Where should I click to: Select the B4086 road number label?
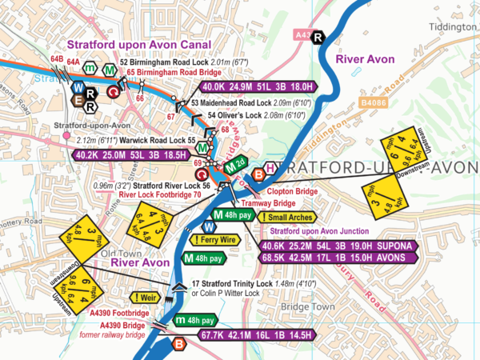[x=374, y=102]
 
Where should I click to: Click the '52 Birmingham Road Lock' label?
[x=161, y=62]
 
